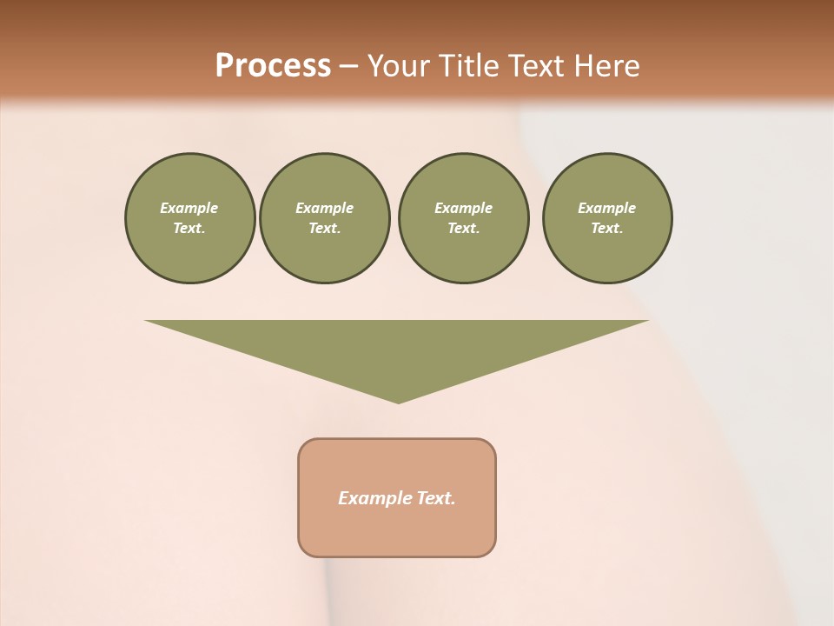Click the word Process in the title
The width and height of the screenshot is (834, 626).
pos(273,66)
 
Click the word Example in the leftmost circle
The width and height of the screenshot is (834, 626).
pos(189,208)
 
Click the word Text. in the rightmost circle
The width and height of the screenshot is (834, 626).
pos(606,229)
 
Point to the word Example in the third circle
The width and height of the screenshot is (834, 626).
pos(463,208)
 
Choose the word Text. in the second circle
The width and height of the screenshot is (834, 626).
pos(324,229)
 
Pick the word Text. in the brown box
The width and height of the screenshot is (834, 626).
pos(436,498)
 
